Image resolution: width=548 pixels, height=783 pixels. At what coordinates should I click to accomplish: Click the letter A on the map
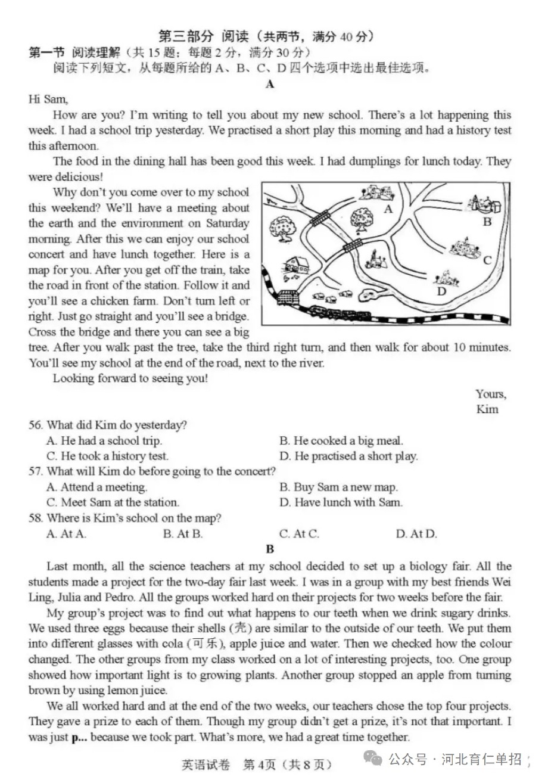point(389,209)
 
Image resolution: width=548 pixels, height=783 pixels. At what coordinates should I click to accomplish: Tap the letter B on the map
point(487,222)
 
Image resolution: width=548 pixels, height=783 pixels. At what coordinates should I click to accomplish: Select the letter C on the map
point(487,260)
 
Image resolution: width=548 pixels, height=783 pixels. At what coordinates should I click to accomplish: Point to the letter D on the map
point(441,291)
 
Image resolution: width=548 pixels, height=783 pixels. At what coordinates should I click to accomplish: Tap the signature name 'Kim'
point(487,409)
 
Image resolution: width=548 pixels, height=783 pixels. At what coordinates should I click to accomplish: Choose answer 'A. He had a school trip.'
point(104,441)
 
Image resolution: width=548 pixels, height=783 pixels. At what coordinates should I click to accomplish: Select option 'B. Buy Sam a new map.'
point(338,487)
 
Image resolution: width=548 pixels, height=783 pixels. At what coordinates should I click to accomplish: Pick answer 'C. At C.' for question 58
point(299,533)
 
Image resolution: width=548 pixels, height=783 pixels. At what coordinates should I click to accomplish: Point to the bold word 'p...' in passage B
point(79,738)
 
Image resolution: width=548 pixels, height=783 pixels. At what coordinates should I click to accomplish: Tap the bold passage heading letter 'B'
point(270,549)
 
